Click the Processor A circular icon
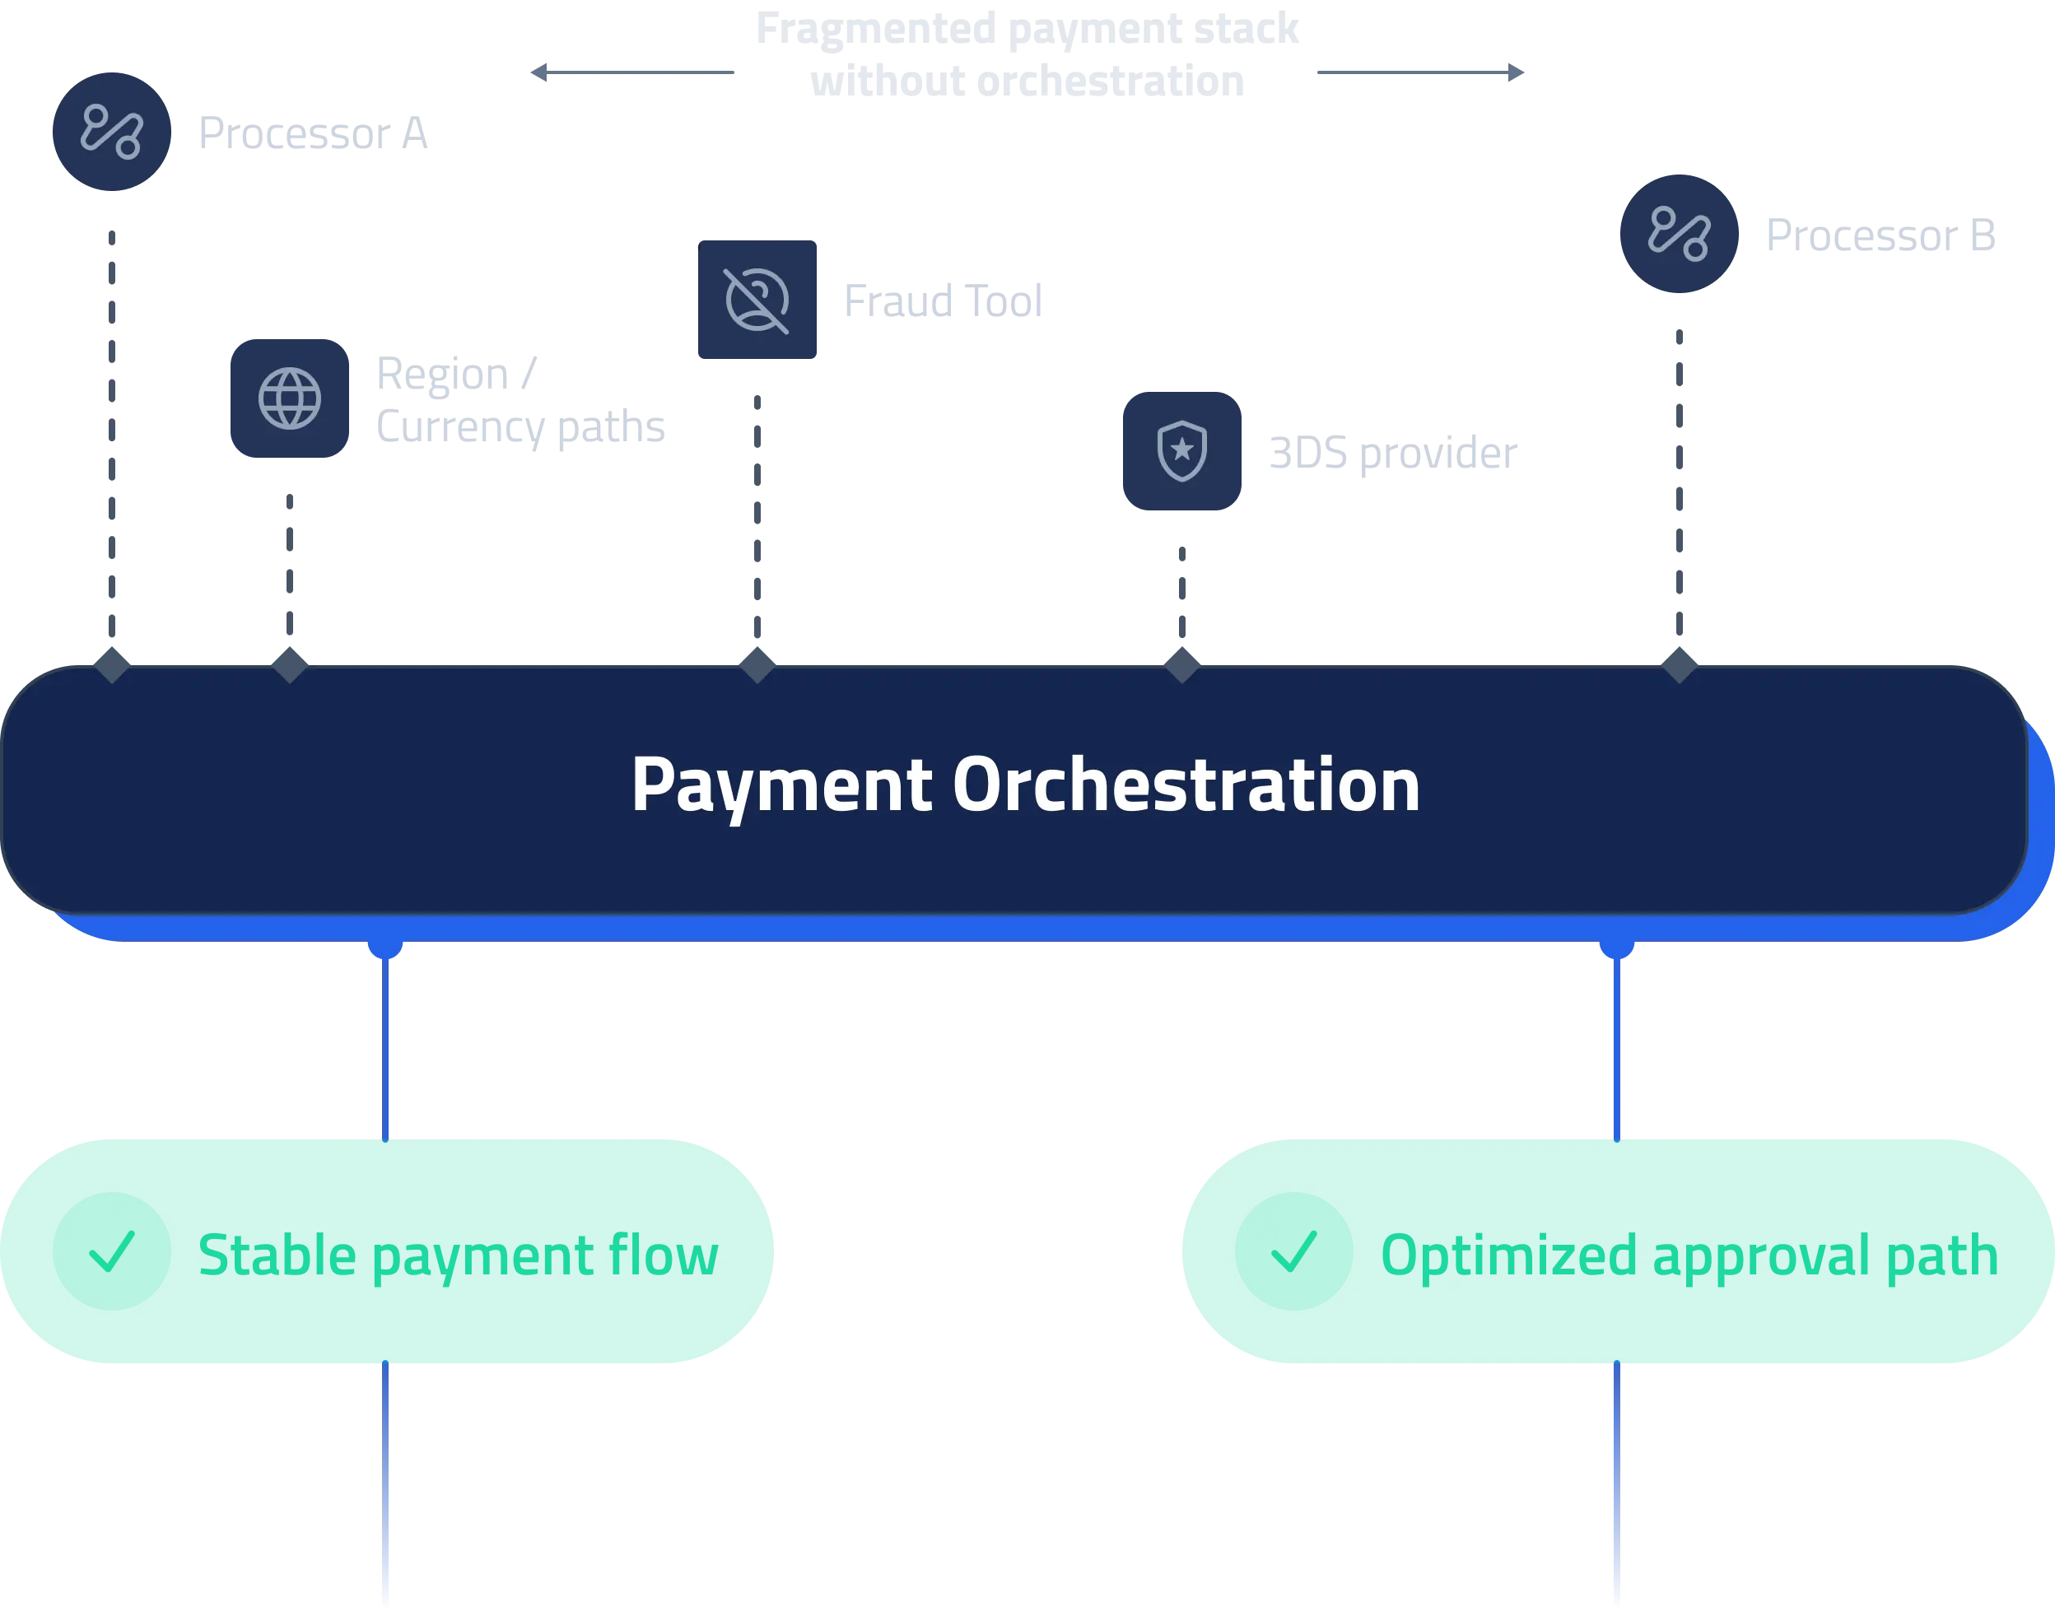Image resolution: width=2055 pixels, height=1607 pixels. (x=112, y=132)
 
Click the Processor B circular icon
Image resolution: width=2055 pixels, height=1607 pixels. (x=1679, y=233)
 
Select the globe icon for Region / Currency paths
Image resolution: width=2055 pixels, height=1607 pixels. (x=290, y=398)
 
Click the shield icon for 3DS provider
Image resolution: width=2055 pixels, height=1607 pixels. (x=1181, y=450)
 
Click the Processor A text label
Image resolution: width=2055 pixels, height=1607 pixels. (x=312, y=133)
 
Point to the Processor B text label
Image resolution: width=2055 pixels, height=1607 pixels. (x=1879, y=235)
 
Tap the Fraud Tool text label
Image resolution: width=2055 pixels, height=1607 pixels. (x=941, y=301)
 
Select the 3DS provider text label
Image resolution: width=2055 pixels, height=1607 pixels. (x=1392, y=454)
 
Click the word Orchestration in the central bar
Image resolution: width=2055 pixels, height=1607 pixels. (x=1186, y=785)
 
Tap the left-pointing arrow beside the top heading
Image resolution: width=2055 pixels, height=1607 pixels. (x=540, y=72)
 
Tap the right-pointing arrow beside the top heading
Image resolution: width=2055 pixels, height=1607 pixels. (x=1515, y=72)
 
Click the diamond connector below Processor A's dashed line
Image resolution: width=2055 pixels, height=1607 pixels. (x=112, y=666)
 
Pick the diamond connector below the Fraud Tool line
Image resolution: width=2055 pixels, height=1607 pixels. (x=757, y=666)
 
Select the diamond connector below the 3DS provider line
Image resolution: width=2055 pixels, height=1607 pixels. (x=1181, y=666)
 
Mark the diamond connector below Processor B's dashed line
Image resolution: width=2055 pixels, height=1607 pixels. (x=1680, y=666)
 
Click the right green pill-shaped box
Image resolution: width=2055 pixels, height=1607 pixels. (x=1616, y=1251)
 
